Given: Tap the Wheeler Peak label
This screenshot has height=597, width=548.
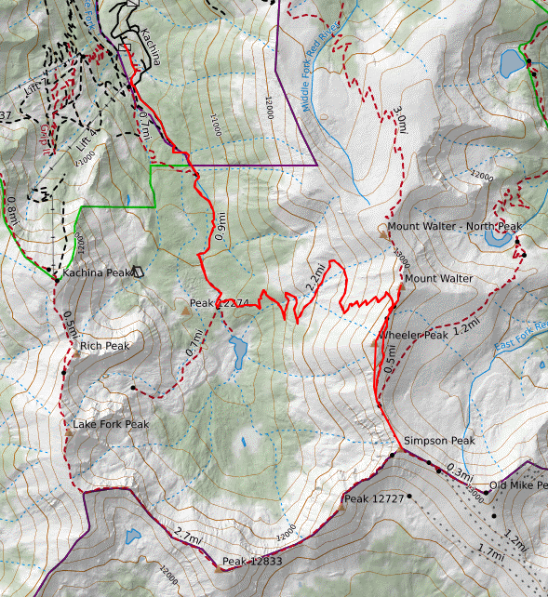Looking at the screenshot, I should tap(413, 335).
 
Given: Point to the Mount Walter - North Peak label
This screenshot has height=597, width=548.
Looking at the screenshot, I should tap(455, 227).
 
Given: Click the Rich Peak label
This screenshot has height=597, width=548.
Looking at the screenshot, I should tap(104, 346).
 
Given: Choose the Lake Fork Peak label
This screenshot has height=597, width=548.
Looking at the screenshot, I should tap(111, 425).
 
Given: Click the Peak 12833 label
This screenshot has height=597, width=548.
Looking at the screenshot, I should tap(253, 562).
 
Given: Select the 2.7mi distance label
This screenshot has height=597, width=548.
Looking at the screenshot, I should tap(186, 534).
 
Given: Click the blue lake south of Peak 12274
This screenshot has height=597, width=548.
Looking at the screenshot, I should tap(238, 351).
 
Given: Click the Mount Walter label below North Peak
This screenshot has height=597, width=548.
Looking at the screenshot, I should tap(438, 278).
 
